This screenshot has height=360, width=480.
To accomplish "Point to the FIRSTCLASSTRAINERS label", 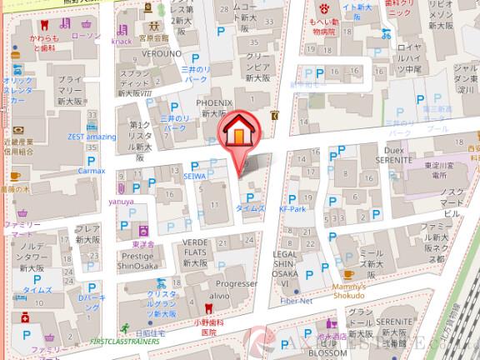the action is click(125, 341).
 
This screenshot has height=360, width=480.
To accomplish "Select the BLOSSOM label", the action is click(329, 351).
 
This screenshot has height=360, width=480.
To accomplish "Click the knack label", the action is click(122, 39).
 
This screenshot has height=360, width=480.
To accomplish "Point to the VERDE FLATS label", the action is click(198, 247).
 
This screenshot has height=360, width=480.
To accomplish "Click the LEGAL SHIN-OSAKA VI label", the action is click(286, 265).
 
